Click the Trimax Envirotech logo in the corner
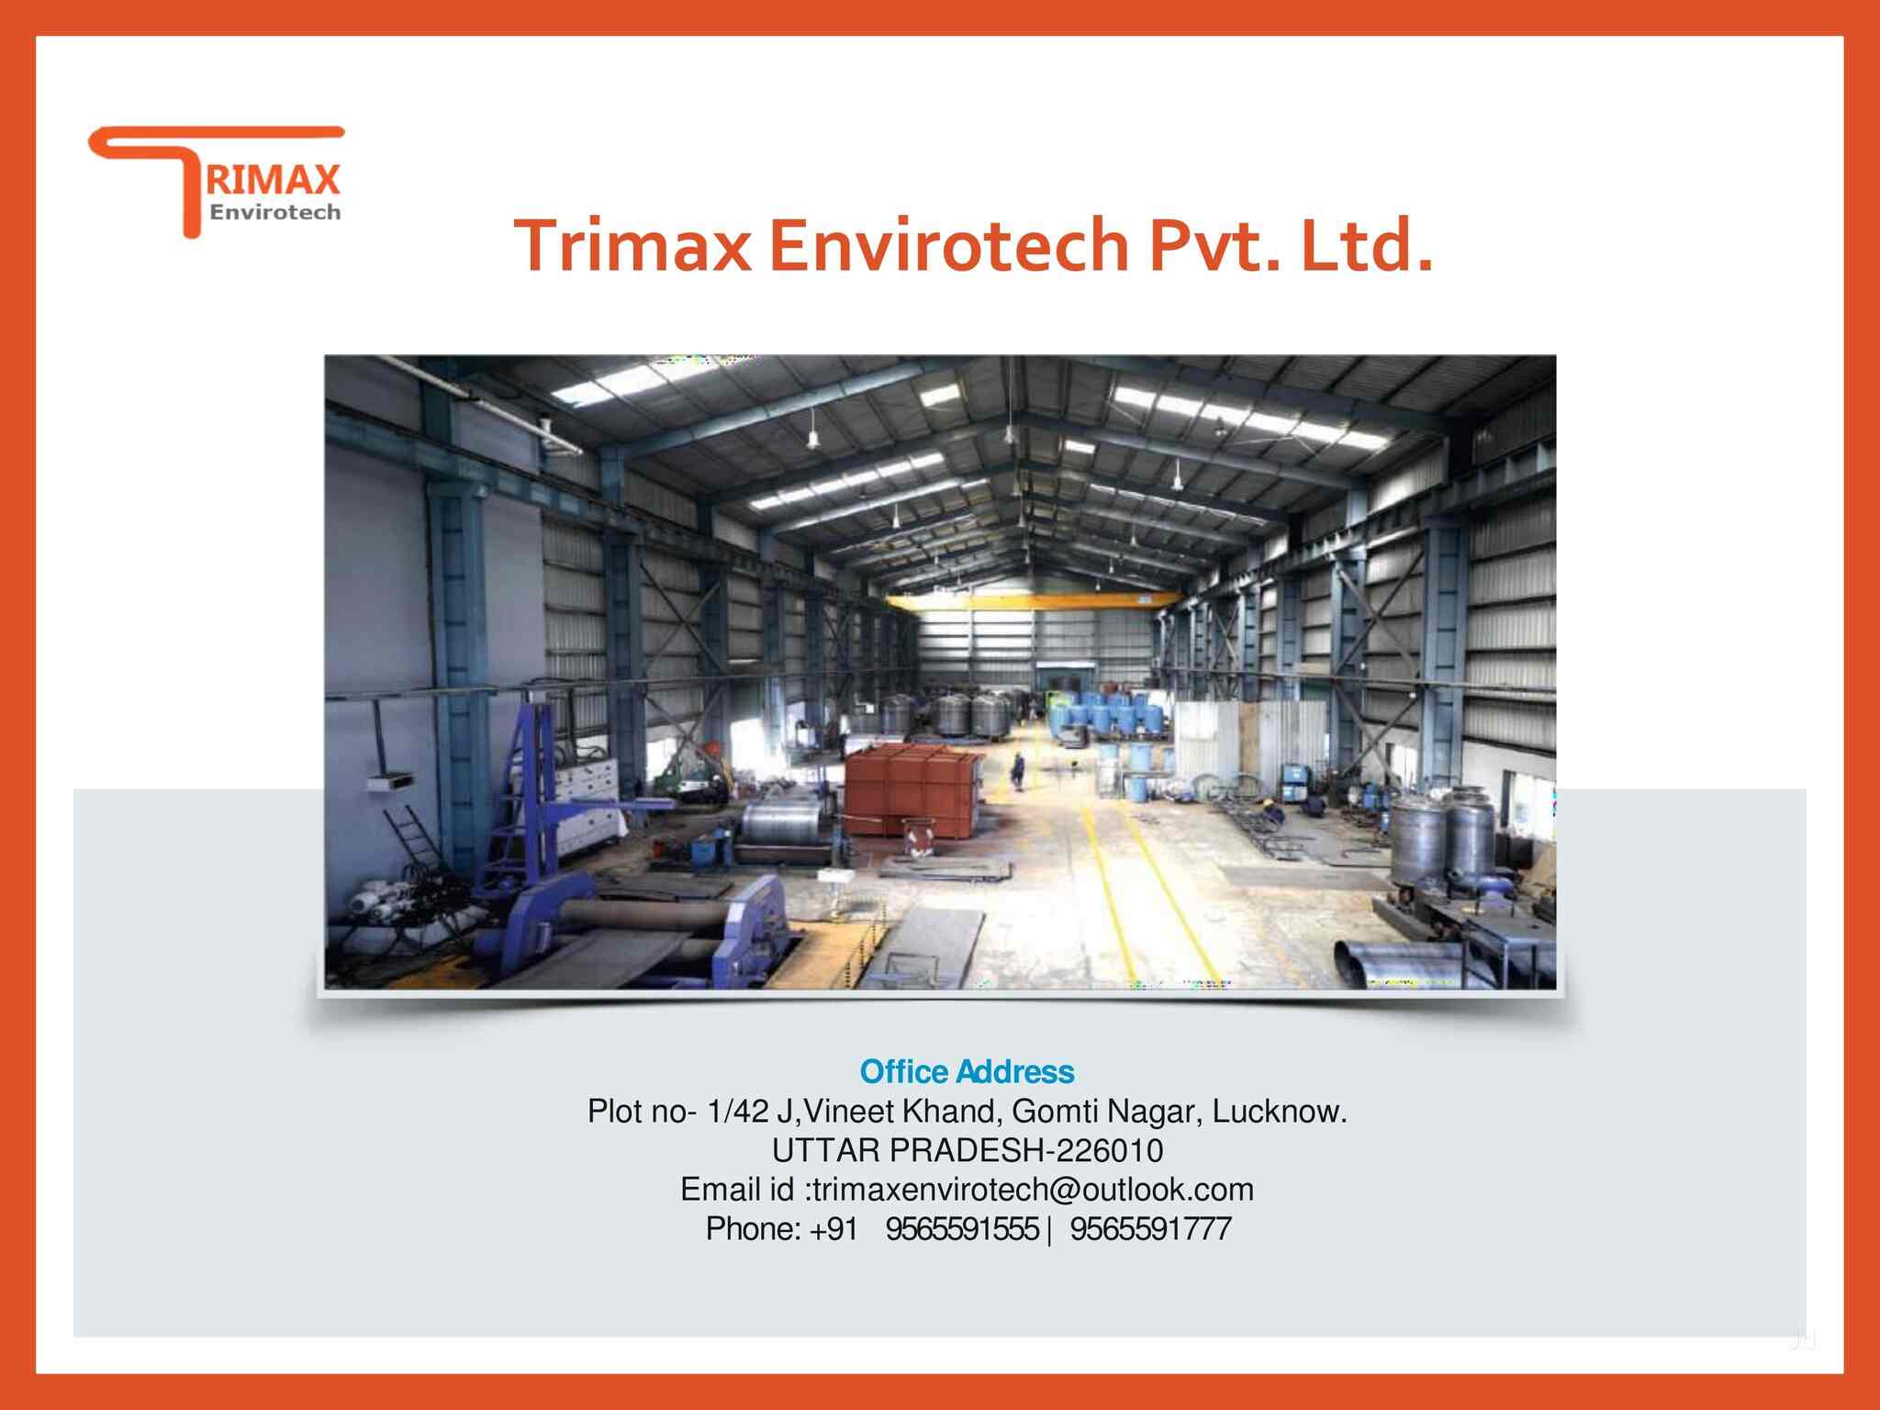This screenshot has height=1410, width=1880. pos(217,182)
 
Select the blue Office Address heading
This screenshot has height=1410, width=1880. pos(967,1071)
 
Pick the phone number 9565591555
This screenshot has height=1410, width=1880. pos(961,1228)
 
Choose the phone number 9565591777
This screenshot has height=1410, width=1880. pos(1149,1228)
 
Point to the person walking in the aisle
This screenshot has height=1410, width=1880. pos(1017,770)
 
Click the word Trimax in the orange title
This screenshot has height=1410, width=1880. pos(632,246)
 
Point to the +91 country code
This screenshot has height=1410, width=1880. pos(834,1228)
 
